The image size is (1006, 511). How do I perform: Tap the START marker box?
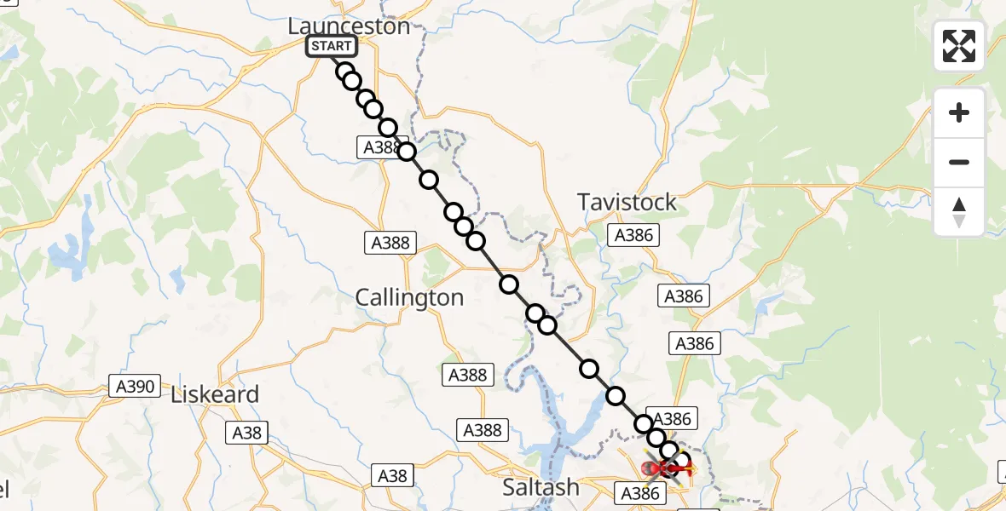[x=332, y=46]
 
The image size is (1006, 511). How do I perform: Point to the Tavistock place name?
[x=627, y=202]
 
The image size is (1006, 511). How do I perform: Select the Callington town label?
[x=409, y=297]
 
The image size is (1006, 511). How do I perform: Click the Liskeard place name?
[x=215, y=395]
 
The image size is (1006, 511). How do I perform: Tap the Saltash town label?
[x=541, y=487]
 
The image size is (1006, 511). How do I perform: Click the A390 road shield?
[x=135, y=387]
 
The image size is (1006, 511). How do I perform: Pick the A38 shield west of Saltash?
[x=393, y=475]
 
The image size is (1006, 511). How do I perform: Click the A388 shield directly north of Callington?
[x=390, y=243]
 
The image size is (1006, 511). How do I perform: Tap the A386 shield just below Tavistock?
[x=633, y=235]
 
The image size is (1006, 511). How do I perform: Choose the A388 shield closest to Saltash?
[x=483, y=430]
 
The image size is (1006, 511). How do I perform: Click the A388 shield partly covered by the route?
[x=380, y=147]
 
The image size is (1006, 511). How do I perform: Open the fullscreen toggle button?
[x=958, y=46]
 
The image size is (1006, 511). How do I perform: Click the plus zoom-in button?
[x=959, y=112]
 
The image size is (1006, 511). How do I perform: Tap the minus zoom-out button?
[x=959, y=162]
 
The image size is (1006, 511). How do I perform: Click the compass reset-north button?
[x=959, y=211]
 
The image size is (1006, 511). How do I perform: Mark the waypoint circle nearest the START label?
[x=345, y=72]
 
